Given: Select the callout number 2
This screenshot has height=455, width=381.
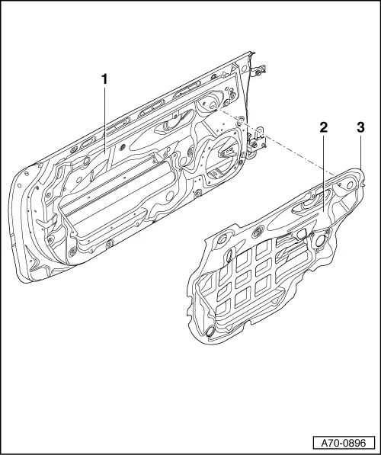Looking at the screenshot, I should [323, 128].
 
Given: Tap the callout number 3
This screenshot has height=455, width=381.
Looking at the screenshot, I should [360, 128].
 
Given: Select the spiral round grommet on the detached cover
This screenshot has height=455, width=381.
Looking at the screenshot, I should [258, 231].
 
